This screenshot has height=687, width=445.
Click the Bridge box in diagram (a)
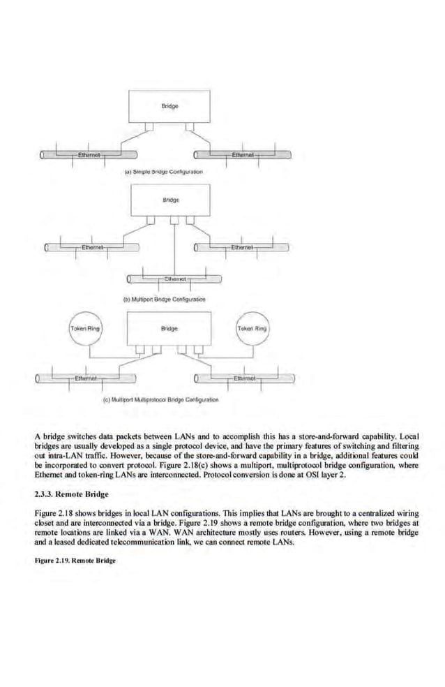point(169,107)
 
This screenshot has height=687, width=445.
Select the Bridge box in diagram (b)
point(169,200)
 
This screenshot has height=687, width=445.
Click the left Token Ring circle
point(82,327)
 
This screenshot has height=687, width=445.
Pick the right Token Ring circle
point(252,327)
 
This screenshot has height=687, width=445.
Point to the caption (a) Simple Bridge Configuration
point(163,171)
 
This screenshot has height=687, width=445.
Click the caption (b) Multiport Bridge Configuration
point(165,298)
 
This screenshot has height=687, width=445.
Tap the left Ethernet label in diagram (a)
point(89,154)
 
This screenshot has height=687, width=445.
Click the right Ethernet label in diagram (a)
point(242,154)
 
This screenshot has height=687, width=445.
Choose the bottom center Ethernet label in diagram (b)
point(174,279)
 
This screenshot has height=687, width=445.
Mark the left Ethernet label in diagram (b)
point(93,246)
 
